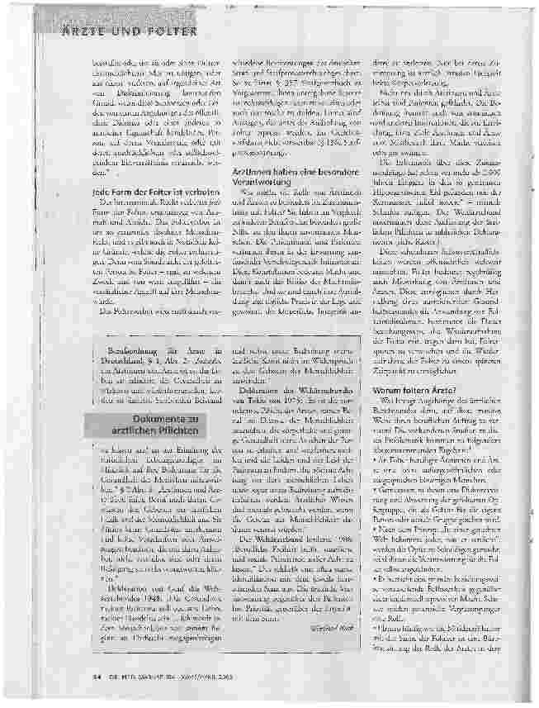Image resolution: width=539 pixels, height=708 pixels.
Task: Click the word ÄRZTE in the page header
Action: point(85,31)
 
